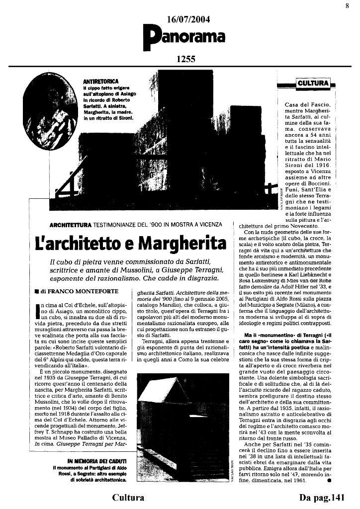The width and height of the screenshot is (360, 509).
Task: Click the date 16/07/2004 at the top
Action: (x=188, y=19)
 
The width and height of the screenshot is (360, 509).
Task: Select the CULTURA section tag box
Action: (x=313, y=84)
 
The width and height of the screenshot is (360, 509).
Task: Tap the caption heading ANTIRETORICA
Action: (x=100, y=81)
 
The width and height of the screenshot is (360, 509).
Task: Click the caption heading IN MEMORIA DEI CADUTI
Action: (x=97, y=461)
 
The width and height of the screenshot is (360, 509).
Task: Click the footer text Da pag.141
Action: (x=322, y=498)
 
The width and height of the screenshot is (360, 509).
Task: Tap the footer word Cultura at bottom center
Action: (x=128, y=498)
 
